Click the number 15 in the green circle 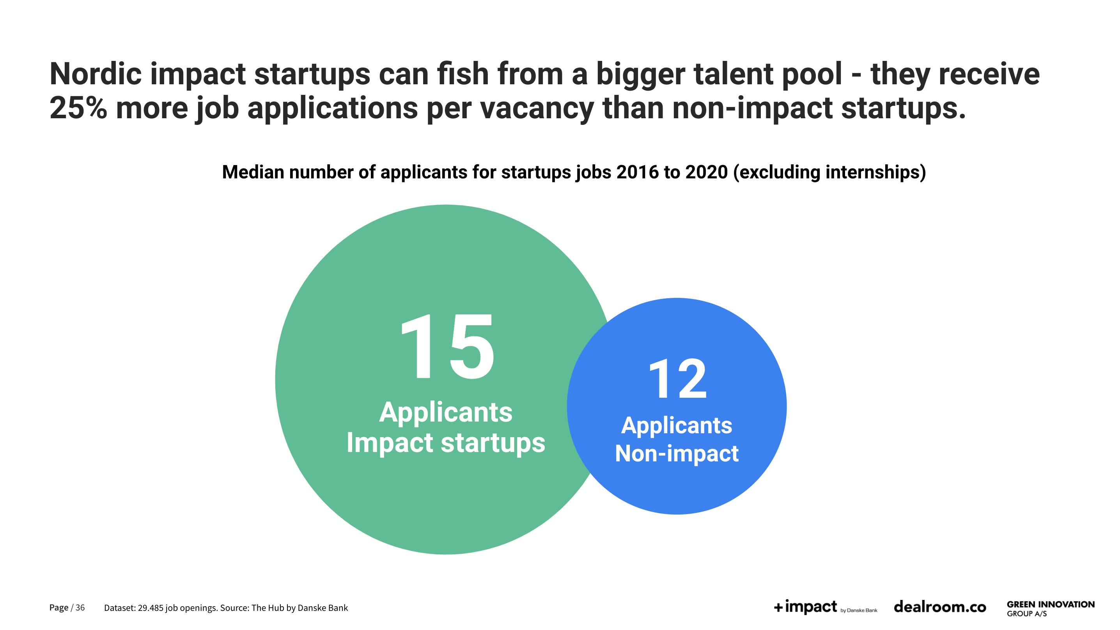point(447,347)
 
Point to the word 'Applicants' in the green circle point(446,413)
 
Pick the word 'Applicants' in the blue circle point(677,426)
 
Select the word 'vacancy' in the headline point(537,109)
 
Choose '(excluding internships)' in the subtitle point(829,172)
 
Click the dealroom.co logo point(939,607)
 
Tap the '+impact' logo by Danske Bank point(825,607)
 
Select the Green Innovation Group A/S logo point(1051,608)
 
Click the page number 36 point(80,607)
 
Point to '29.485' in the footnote point(150,608)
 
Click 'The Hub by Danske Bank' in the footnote point(299,608)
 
